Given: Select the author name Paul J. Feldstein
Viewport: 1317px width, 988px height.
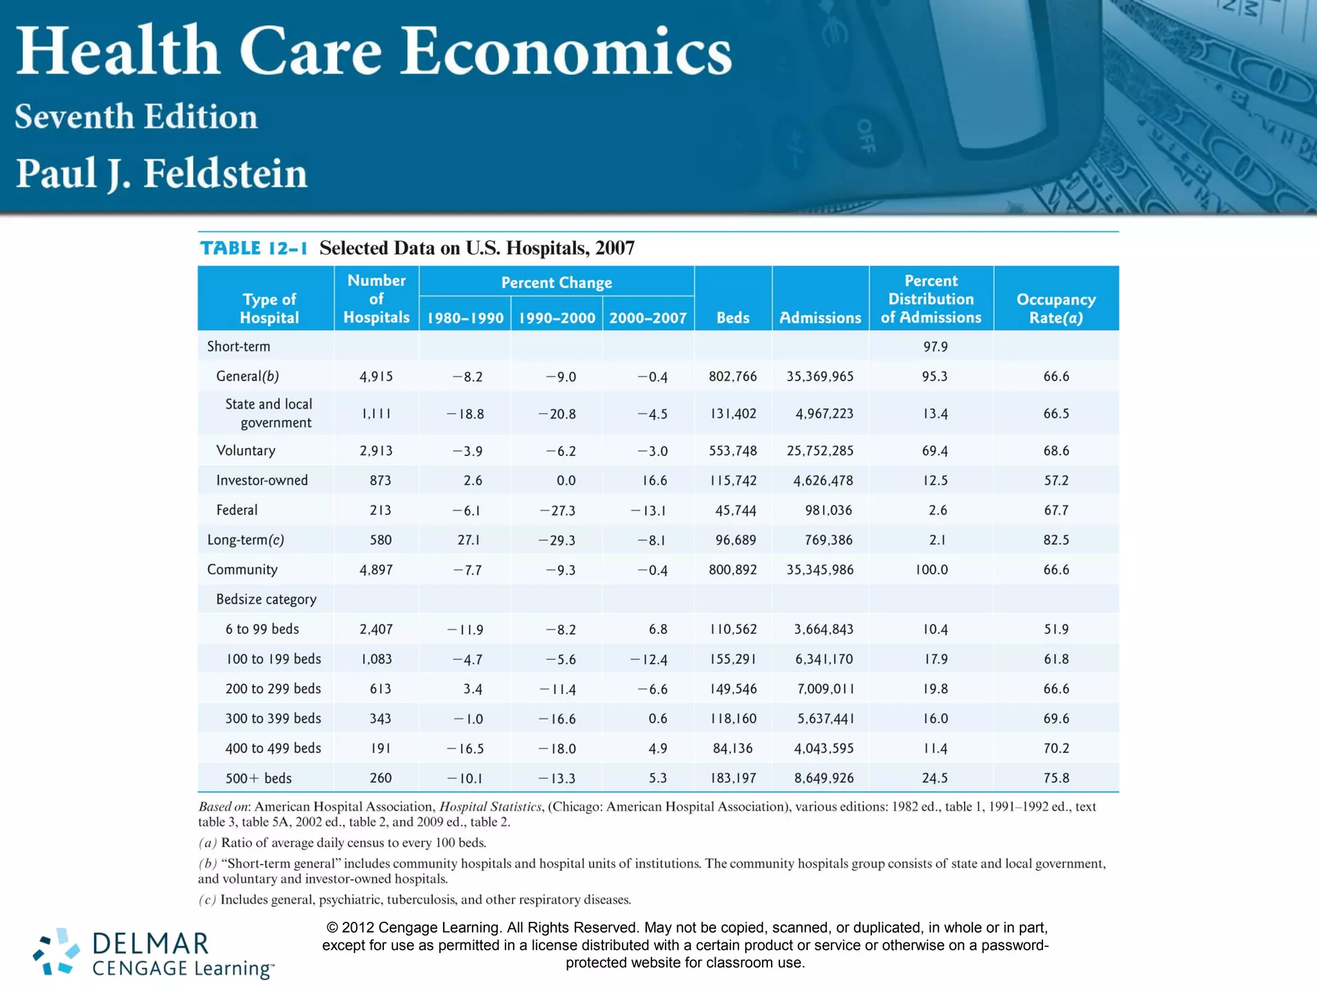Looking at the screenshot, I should coord(161,173).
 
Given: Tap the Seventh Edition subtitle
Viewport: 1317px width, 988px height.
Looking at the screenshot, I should coord(136,116).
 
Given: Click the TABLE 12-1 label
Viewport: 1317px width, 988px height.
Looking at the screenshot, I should coord(254,248).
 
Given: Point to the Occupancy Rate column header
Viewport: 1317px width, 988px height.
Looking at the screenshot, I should coord(1056,308).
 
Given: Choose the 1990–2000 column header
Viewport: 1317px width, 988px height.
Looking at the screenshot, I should coord(557,318).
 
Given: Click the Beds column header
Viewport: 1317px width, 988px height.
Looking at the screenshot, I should coord(732,318).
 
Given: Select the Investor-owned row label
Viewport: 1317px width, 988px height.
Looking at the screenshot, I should coord(262,480).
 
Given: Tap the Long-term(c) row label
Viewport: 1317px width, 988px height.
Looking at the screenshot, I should coord(245,540).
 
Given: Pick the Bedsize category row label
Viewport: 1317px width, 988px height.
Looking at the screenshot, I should coord(266,599).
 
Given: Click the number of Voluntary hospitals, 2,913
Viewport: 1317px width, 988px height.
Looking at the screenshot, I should coord(376,451).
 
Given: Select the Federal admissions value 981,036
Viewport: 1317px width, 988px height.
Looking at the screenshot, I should coord(828,510).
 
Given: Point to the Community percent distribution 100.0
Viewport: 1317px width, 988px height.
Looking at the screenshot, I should coord(932,570).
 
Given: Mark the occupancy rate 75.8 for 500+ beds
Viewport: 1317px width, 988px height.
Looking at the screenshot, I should coord(1056,778).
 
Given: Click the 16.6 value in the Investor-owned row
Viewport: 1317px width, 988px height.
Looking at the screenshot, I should coord(654,480).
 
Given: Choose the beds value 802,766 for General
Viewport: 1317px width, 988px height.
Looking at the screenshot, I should coord(732,376).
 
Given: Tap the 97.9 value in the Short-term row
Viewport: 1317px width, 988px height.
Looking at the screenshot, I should coord(935,347).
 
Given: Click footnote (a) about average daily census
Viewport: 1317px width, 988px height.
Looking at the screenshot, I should coord(342,843).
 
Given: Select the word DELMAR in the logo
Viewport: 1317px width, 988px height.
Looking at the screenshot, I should coord(150,944).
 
